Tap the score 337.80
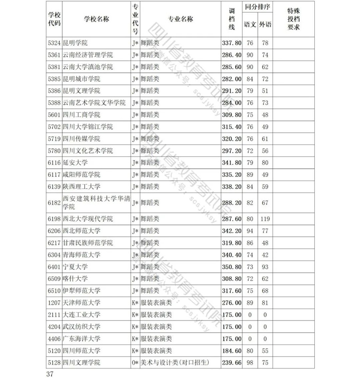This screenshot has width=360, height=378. pos(231,43)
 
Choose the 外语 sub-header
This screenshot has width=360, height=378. pos(265,25)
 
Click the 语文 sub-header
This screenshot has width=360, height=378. pos(250,25)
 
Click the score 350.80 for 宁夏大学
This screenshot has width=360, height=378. pos(231,267)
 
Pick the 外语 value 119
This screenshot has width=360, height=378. pos(265,219)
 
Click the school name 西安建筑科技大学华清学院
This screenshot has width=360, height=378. pos(95,203)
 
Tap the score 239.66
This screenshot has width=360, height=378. pos(231,363)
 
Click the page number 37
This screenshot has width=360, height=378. pos(49,373)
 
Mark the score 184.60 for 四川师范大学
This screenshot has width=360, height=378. pos(231,351)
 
